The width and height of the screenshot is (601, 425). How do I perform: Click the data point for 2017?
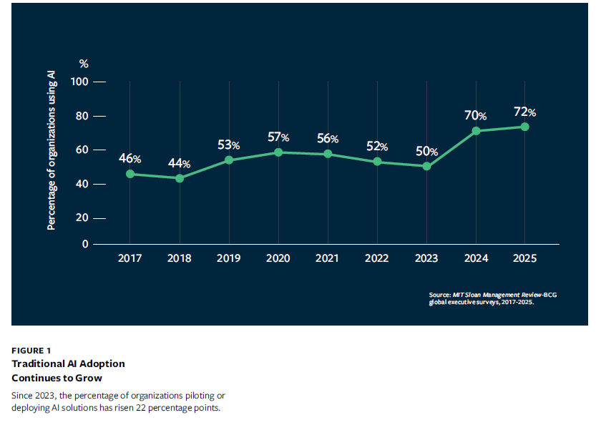tap(130, 174)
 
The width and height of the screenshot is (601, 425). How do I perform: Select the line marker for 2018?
tap(180, 177)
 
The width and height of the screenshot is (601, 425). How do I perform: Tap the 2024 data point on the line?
tap(476, 131)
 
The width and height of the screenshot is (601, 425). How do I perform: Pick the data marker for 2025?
tap(524, 127)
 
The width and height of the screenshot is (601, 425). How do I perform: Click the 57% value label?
tap(278, 137)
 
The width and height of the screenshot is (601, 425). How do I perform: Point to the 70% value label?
tap(476, 115)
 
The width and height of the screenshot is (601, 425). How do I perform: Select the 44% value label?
tap(180, 163)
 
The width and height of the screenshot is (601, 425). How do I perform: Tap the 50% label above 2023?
tap(426, 151)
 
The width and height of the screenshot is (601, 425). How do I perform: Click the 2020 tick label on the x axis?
tap(278, 258)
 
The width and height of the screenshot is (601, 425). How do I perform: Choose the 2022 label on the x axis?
tap(377, 258)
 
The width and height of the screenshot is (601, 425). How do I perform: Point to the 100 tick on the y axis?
tap(79, 82)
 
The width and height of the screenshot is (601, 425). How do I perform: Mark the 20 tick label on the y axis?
tap(82, 218)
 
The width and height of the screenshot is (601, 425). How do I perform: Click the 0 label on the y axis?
tap(85, 244)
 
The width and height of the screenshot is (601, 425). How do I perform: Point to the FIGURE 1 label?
tap(31, 350)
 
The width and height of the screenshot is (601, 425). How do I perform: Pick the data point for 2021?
tap(328, 154)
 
